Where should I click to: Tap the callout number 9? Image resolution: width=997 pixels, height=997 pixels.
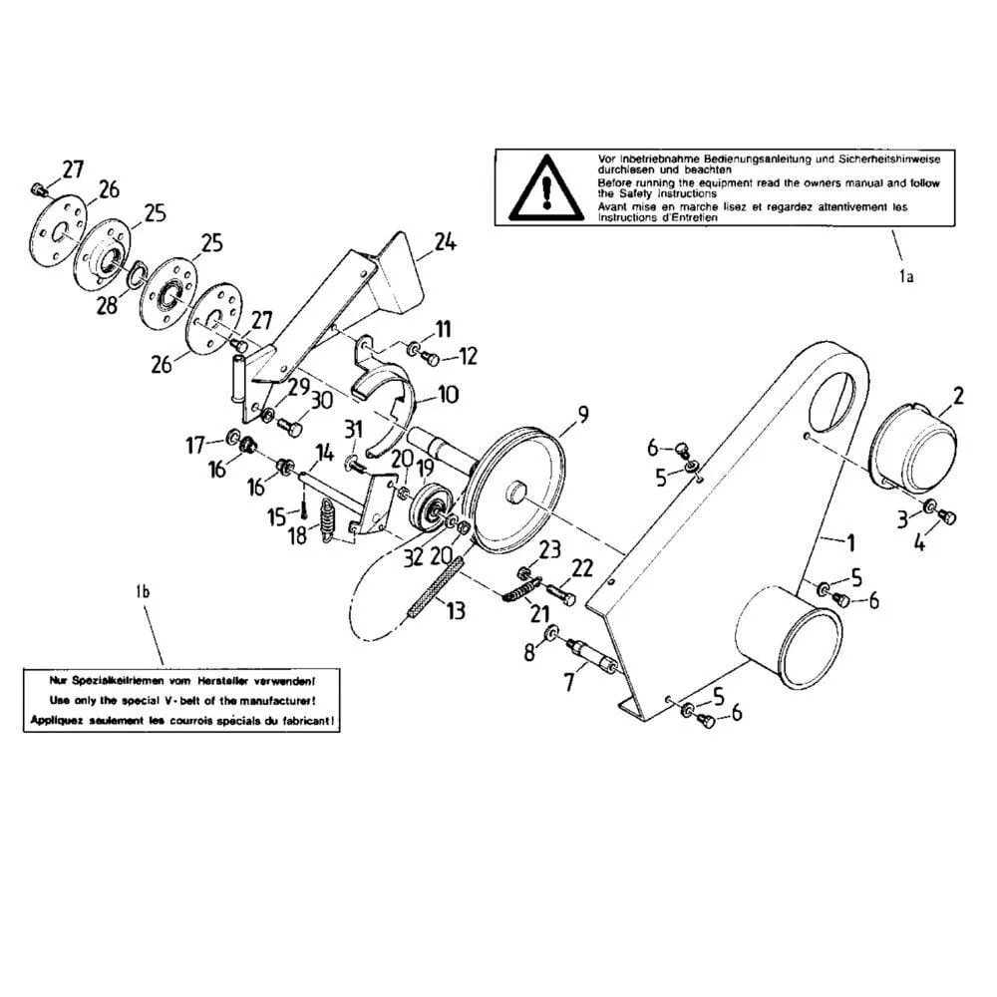[x=582, y=411]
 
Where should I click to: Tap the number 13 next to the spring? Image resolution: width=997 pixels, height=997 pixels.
[x=455, y=610]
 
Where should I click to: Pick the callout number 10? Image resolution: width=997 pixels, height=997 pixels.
[x=448, y=395]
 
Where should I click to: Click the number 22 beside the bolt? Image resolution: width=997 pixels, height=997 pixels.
[x=582, y=566]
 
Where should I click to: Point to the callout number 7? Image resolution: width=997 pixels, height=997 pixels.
[x=569, y=682]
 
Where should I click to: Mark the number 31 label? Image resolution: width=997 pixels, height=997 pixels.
[x=352, y=428]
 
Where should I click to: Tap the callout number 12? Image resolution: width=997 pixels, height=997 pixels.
[x=468, y=357]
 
